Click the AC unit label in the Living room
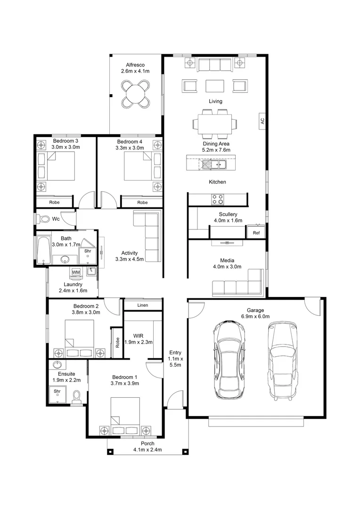click(262, 121)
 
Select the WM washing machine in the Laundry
click(76, 272)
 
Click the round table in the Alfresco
click(136, 94)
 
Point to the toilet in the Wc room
click(43, 219)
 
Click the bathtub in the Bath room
click(43, 250)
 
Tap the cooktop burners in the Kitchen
click(218, 199)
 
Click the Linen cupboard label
click(142, 305)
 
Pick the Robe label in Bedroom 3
click(54, 202)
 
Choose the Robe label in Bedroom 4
click(142, 202)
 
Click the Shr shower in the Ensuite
click(57, 395)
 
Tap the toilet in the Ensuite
click(77, 398)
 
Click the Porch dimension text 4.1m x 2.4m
click(147, 450)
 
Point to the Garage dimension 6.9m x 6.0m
click(255, 316)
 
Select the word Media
click(227, 260)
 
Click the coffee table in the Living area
click(214, 86)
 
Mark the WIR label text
click(138, 336)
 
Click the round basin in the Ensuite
click(58, 364)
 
